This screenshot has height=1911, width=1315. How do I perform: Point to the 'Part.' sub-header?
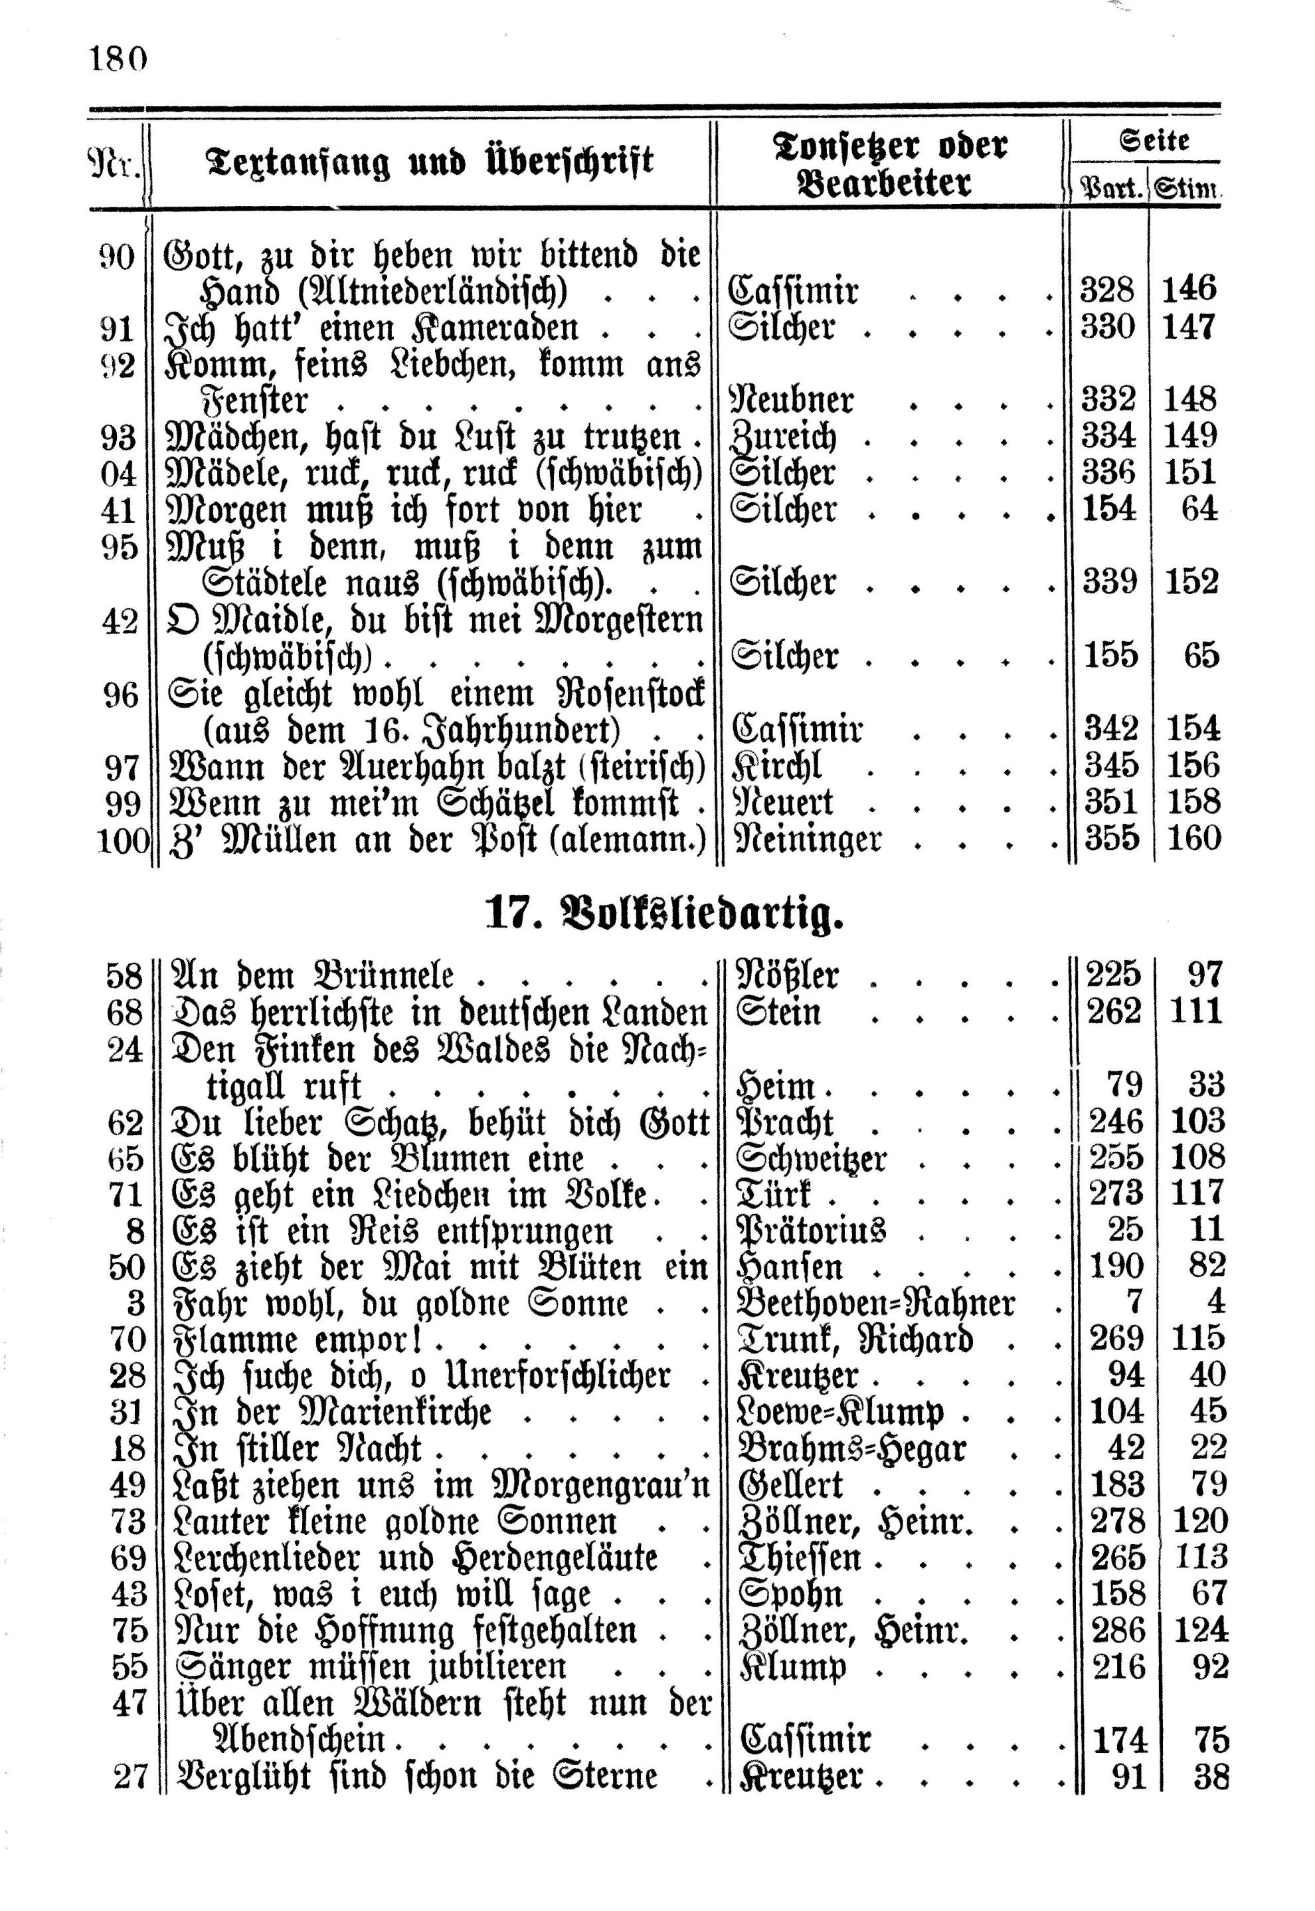pyautogui.click(x=1110, y=189)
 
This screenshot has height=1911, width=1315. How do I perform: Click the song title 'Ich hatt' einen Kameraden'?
pyautogui.click(x=372, y=329)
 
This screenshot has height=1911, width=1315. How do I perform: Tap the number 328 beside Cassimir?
pyautogui.click(x=1107, y=291)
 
